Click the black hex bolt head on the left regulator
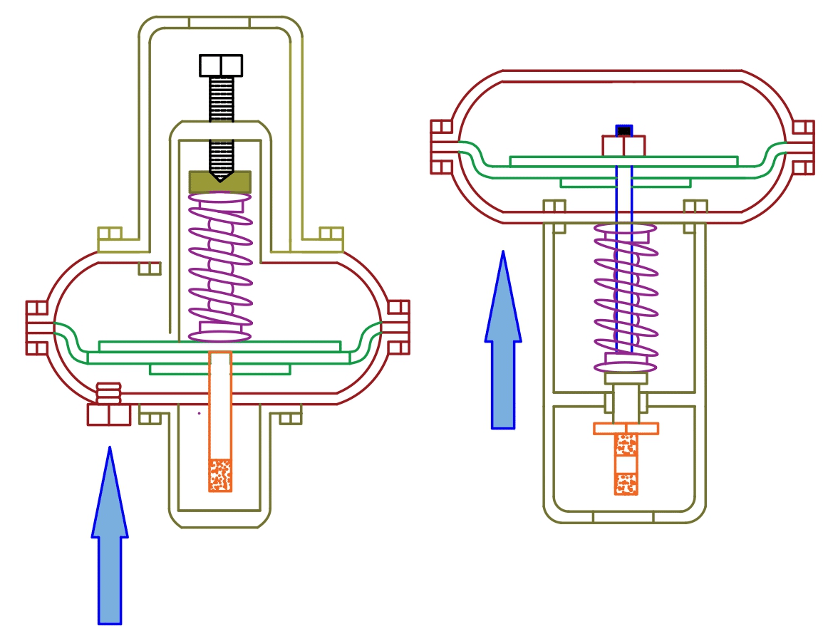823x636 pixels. click(x=221, y=66)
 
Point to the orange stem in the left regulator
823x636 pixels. click(x=220, y=406)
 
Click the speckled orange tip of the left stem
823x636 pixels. click(x=220, y=475)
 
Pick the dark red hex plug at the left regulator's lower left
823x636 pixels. click(x=109, y=415)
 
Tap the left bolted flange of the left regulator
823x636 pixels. click(x=38, y=328)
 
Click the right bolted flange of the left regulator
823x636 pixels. click(x=398, y=328)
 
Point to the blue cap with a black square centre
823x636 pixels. click(x=624, y=130)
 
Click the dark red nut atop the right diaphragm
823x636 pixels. click(x=623, y=146)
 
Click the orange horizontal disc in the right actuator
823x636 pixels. click(x=626, y=428)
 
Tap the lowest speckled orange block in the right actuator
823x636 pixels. click(x=626, y=484)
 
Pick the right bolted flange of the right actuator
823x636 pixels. click(x=802, y=147)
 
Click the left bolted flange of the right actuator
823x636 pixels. click(x=442, y=147)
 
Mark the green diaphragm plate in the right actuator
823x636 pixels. click(x=624, y=162)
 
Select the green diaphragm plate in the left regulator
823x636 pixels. click(x=219, y=347)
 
